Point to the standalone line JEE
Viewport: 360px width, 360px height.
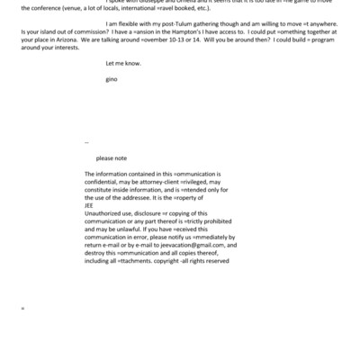point(89,203)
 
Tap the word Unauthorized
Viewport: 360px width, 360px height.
point(105,211)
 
